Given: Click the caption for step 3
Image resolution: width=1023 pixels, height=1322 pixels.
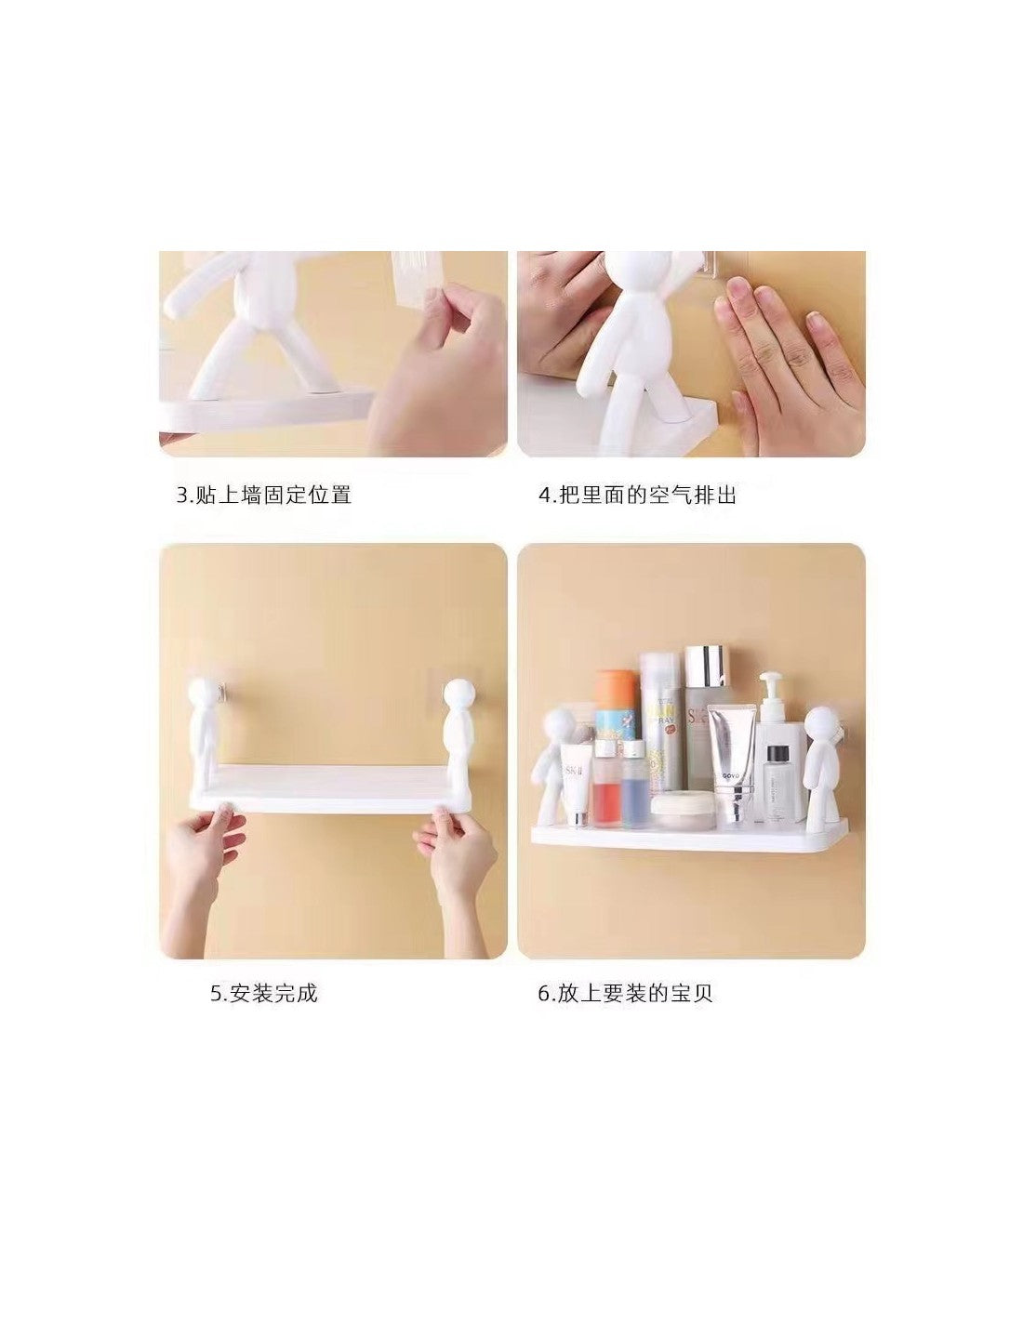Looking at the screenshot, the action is (263, 495).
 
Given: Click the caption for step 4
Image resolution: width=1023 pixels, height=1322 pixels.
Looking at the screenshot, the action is (637, 495).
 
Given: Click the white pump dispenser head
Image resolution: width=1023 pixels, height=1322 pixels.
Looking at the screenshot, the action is (770, 686).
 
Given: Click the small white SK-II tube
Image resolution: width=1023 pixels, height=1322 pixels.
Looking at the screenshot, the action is (577, 785).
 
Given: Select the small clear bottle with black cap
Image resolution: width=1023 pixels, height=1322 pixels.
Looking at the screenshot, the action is (778, 784).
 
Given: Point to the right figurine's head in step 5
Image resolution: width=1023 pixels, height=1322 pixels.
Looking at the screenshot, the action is (458, 694).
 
